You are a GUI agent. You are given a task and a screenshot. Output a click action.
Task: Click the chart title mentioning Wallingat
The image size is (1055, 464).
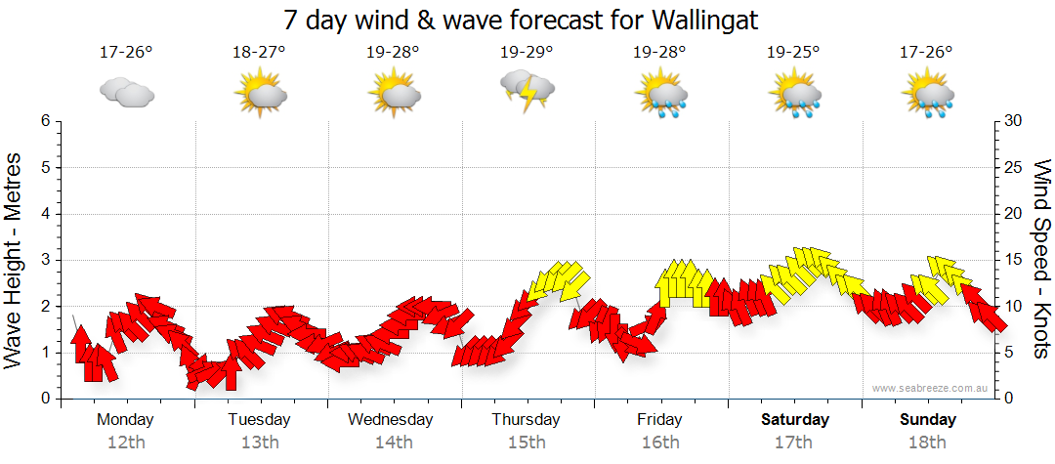pyautogui.click(x=527, y=20)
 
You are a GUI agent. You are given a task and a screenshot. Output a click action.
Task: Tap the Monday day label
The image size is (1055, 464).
pyautogui.click(x=125, y=420)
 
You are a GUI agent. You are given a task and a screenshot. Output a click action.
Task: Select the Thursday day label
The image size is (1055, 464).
pyautogui.click(x=526, y=420)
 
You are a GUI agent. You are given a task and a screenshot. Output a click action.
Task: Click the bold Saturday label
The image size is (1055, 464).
pyautogui.click(x=794, y=420)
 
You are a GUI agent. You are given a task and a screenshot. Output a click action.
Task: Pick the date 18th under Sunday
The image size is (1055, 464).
pyautogui.click(x=928, y=442)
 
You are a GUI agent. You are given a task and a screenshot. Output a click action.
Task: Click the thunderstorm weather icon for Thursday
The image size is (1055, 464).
pyautogui.click(x=527, y=91)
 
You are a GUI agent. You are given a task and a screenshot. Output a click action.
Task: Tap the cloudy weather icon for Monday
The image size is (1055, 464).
pyautogui.click(x=127, y=92)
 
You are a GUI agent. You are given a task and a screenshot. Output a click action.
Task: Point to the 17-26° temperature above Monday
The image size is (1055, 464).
pyautogui.click(x=126, y=52)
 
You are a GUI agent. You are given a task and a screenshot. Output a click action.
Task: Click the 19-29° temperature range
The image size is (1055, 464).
pyautogui.click(x=527, y=52)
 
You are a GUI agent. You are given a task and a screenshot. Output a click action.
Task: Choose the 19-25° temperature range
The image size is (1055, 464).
pyautogui.click(x=793, y=52)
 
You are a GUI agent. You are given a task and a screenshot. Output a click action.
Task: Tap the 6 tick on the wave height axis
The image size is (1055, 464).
pyautogui.click(x=45, y=121)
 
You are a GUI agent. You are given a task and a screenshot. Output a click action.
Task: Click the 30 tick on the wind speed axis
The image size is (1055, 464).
pyautogui.click(x=1013, y=121)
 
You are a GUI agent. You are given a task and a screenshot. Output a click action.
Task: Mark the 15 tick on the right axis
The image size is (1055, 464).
pyautogui.click(x=1013, y=260)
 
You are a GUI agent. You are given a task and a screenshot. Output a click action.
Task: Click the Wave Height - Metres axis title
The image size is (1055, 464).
pyautogui.click(x=15, y=259)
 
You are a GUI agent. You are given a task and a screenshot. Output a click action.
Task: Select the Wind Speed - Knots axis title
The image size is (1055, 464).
pyautogui.click(x=1041, y=259)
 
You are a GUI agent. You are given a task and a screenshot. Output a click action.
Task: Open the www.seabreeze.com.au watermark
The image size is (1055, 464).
pyautogui.click(x=931, y=388)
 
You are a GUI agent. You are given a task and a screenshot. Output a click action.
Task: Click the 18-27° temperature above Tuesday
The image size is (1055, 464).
pyautogui.click(x=259, y=52)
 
